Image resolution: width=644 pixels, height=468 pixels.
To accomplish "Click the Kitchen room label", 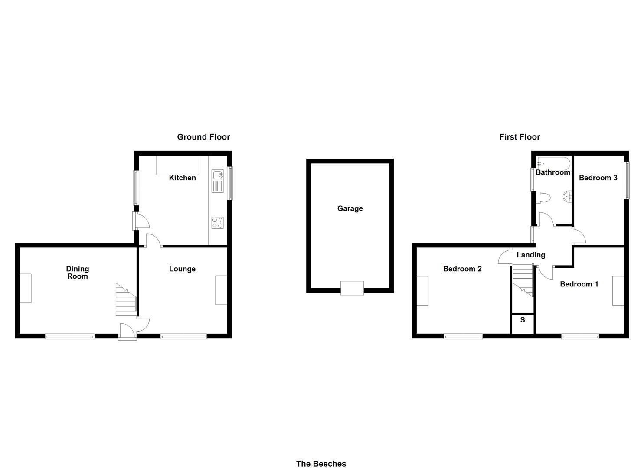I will pyautogui.click(x=182, y=178).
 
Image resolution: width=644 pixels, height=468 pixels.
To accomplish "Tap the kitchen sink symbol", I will pyautogui.click(x=218, y=181).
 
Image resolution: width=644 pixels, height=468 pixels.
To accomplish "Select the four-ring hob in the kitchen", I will pyautogui.click(x=218, y=223).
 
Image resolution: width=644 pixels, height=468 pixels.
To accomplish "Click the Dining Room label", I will pyautogui.click(x=77, y=273).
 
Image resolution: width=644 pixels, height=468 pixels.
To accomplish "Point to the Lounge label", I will pyautogui.click(x=182, y=269).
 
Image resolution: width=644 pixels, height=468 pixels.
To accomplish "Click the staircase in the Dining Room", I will pyautogui.click(x=126, y=299).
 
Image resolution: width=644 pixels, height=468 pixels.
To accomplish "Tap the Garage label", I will pyautogui.click(x=350, y=208).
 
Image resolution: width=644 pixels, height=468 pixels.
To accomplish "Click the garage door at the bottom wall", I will pyautogui.click(x=352, y=288).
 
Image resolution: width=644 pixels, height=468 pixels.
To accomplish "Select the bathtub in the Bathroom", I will pyautogui.click(x=553, y=163).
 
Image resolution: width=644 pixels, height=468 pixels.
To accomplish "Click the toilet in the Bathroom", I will pyautogui.click(x=543, y=198).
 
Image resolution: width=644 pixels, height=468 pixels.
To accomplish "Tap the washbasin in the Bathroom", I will pyautogui.click(x=567, y=197).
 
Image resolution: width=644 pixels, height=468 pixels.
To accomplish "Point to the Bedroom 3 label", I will pyautogui.click(x=598, y=178).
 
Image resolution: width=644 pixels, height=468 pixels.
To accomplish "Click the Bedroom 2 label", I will pyautogui.click(x=462, y=269).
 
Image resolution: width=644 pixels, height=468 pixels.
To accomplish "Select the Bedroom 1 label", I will pyautogui.click(x=579, y=284).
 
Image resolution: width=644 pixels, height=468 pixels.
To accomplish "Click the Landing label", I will pyautogui.click(x=531, y=255).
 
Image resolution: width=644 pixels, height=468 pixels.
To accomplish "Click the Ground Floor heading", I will pyautogui.click(x=203, y=137).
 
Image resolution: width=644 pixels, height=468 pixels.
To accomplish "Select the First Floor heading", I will pyautogui.click(x=520, y=137).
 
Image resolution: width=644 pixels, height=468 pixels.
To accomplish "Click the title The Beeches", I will pyautogui.click(x=321, y=464).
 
